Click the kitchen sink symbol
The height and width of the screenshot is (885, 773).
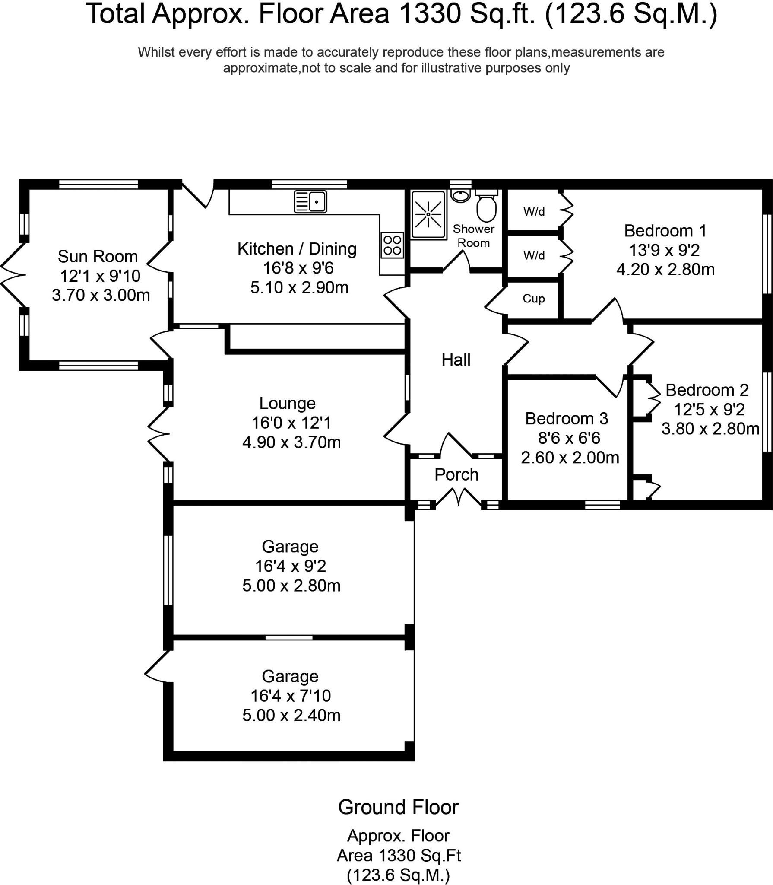click(310, 201)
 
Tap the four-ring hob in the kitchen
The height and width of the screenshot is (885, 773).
click(392, 245)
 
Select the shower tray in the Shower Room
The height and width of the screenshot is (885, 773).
click(428, 215)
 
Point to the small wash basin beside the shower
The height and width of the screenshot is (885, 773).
click(461, 195)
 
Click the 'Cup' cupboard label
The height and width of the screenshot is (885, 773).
click(533, 299)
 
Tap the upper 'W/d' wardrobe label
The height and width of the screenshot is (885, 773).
click(534, 211)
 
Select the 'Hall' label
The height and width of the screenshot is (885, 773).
click(456, 360)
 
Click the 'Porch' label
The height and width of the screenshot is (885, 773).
click(456, 474)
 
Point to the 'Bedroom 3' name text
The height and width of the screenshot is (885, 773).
click(567, 418)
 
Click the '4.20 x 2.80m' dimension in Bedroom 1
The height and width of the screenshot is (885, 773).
click(665, 269)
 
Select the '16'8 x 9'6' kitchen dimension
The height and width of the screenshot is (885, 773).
click(298, 268)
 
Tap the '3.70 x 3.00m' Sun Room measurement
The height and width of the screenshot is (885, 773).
click(101, 295)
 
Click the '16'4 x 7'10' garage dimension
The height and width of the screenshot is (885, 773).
click(291, 696)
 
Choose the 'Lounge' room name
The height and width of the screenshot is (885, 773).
click(287, 403)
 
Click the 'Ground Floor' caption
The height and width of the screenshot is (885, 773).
click(398, 807)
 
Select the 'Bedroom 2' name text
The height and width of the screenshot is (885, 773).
click(706, 390)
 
